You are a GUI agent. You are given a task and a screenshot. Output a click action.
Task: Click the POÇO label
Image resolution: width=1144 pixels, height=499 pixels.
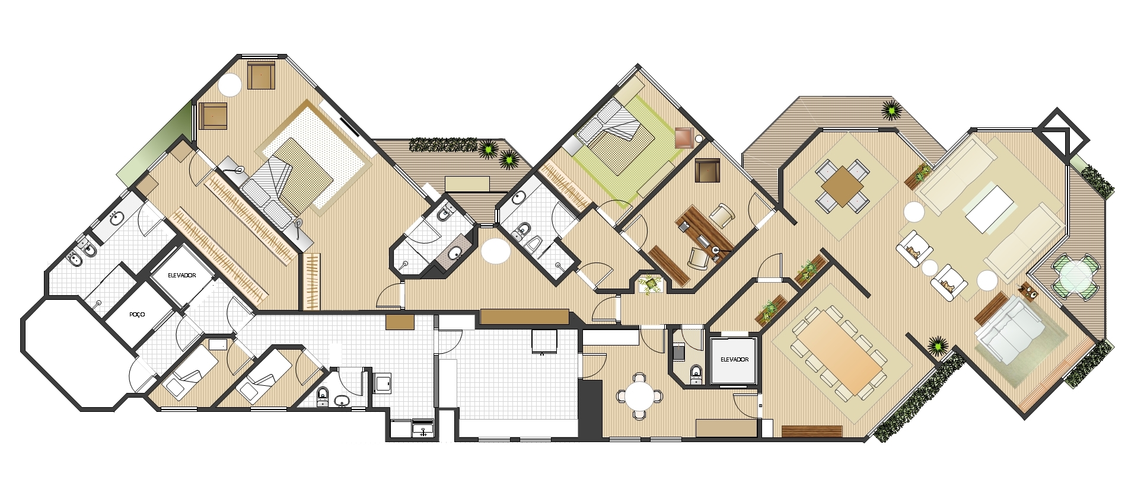pos(137,315)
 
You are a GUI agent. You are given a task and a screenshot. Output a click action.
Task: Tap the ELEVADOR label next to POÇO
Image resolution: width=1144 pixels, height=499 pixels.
pos(182,276)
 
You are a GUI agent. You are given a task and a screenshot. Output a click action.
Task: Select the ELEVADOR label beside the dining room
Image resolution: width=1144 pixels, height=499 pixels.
pos(734,360)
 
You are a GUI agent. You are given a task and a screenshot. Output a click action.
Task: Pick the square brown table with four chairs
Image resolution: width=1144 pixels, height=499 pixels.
pos(842,186)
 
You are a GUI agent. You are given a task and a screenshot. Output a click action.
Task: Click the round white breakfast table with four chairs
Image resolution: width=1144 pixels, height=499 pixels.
pos(639,396)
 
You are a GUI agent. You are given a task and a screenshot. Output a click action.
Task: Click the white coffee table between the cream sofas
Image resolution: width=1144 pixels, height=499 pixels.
pos(990,209)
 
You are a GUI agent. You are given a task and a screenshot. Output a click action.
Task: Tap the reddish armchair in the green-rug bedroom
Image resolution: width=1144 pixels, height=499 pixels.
pos(684,137)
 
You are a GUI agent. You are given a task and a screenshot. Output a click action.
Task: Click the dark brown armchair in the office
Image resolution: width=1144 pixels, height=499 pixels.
pos(708,171)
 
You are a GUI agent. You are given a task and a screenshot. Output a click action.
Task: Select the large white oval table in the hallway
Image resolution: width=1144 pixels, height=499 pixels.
pos(496,252)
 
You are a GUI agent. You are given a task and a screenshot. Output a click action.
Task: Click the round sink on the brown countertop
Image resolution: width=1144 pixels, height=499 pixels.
pos(455,254)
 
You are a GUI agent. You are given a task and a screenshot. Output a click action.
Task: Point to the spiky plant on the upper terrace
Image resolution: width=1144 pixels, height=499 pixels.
pos(891,110)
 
